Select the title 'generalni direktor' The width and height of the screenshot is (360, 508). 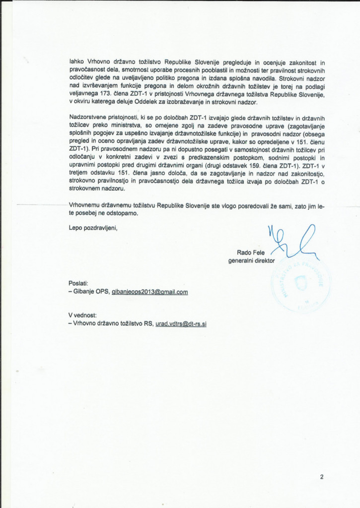251,260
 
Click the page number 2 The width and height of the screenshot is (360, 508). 322,477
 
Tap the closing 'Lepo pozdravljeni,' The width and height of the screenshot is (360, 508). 94,228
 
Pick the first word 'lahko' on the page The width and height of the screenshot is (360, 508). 76,63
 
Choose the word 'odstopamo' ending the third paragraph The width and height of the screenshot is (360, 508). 119,213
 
